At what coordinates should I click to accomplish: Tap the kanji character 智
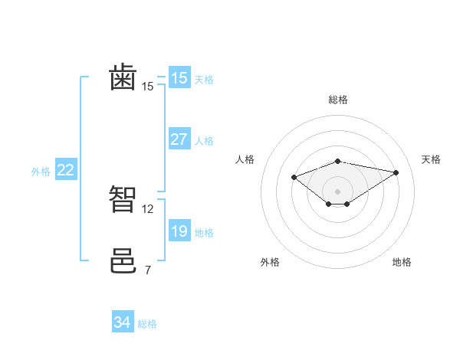(123, 200)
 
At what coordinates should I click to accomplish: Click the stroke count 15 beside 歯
(147, 87)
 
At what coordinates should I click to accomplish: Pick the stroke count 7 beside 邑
(147, 270)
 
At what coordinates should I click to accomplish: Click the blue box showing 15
(179, 78)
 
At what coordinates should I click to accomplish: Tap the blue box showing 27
(179, 139)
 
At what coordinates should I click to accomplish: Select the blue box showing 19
(179, 231)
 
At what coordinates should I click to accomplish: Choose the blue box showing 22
(65, 170)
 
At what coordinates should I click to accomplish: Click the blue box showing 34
(122, 322)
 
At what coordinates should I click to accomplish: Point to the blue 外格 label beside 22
(41, 172)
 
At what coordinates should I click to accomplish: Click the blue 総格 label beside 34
(147, 324)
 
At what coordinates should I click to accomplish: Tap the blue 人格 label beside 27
(204, 141)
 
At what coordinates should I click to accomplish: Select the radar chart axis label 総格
(338, 100)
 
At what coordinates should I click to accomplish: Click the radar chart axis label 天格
(431, 159)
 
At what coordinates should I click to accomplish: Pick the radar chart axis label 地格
(402, 262)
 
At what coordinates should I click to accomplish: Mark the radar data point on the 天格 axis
(396, 172)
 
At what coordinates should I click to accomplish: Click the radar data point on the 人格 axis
(294, 177)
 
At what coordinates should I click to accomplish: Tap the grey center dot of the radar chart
(338, 191)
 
